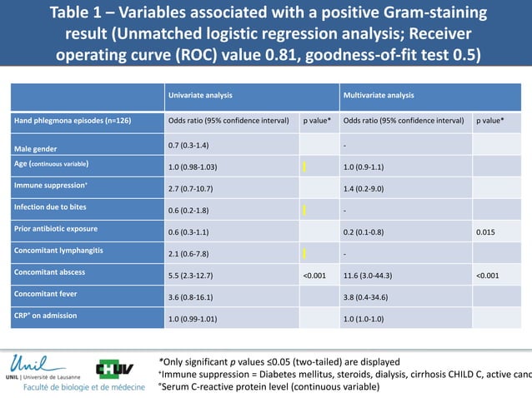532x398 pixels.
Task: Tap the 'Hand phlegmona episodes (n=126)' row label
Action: coord(60,121)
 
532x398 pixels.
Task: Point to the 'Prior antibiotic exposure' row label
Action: coord(55,228)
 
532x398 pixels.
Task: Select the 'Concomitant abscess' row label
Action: coord(49,272)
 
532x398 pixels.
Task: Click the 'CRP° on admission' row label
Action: coord(43,316)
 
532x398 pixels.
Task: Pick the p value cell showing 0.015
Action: coord(486,232)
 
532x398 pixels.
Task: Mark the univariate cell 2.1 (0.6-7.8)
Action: coord(193,254)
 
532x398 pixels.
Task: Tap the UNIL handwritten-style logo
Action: coord(39,363)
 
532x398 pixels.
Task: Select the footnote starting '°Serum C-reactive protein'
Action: coord(268,386)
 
